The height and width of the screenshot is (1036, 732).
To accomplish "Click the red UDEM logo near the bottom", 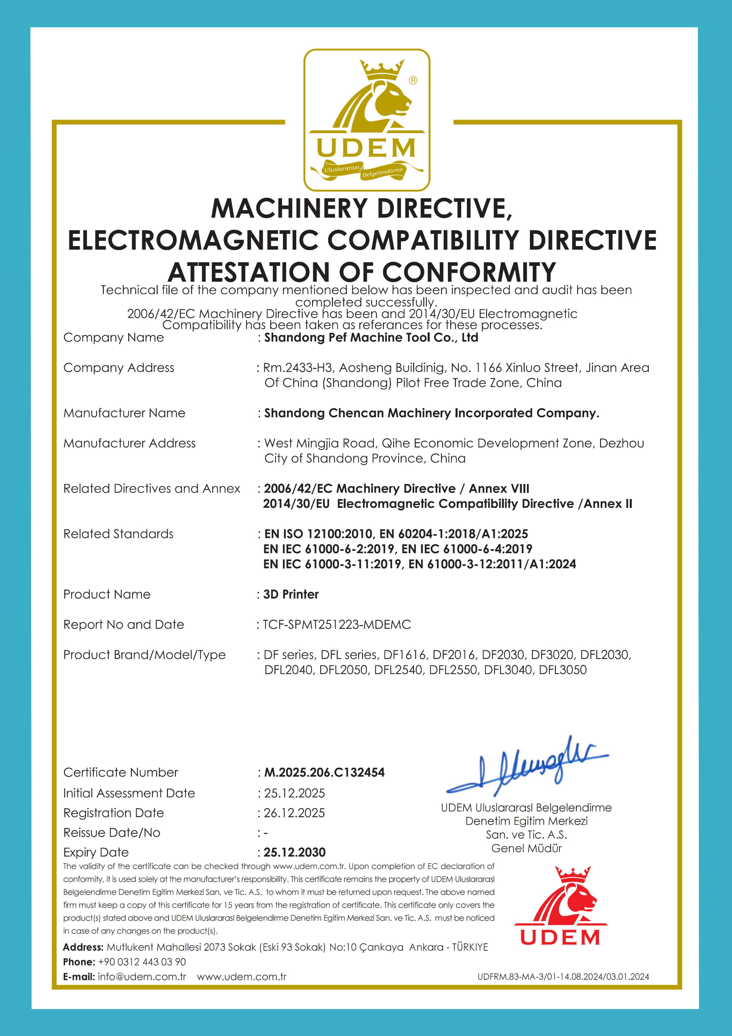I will click(x=560, y=907).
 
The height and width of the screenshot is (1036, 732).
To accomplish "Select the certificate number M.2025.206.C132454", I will click(x=324, y=772).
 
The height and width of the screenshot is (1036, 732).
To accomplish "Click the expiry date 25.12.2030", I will click(x=294, y=852).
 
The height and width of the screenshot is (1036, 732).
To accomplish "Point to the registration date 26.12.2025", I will click(x=294, y=813).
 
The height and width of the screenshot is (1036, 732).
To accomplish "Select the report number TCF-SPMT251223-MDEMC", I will click(x=337, y=624).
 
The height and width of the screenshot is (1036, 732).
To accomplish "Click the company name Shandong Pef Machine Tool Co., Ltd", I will click(x=371, y=338).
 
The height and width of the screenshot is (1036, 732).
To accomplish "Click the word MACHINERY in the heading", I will click(x=289, y=208).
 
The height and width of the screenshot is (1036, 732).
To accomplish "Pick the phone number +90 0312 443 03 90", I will click(x=141, y=962).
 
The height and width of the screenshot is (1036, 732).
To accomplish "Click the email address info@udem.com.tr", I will click(x=141, y=977).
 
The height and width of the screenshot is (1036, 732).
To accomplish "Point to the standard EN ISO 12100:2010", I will click(x=319, y=534).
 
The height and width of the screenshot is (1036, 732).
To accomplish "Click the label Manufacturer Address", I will click(x=129, y=443).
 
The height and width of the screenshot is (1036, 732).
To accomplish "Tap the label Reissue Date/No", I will click(x=112, y=832).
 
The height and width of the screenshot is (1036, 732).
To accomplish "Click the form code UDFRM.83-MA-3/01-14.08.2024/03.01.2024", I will click(x=563, y=977).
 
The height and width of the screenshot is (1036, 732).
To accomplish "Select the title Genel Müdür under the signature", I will click(x=526, y=848).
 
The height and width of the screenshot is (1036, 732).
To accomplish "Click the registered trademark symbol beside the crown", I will click(x=413, y=80).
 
